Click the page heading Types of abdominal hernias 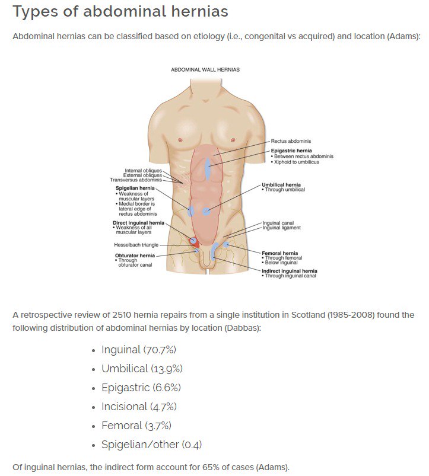click(120, 12)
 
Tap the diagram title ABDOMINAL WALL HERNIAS click(205, 69)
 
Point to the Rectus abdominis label click(291, 141)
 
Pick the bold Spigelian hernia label click(135, 188)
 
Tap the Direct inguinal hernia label click(138, 223)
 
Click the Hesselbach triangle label click(136, 245)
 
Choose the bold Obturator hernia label click(135, 255)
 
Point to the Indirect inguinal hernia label click(290, 271)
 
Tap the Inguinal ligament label click(281, 228)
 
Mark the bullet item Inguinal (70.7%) click(139, 350)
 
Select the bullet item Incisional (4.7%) click(139, 407)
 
